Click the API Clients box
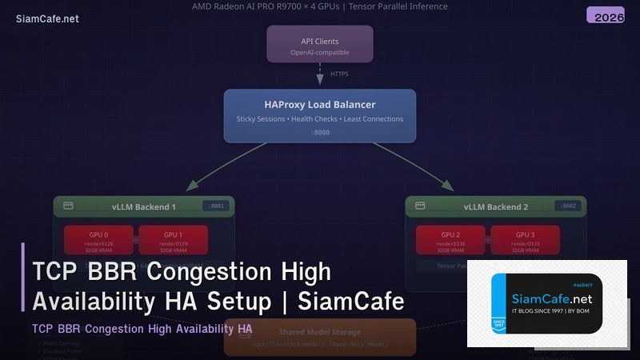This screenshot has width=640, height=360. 319,45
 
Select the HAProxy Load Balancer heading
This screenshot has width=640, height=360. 319,105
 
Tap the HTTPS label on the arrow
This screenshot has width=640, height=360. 339,74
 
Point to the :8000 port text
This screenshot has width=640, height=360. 319,133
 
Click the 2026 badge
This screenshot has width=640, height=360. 606,17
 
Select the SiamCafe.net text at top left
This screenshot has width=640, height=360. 47,19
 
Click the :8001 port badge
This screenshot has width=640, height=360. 216,206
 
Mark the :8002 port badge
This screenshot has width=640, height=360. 568,206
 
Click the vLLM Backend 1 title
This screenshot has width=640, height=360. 143,207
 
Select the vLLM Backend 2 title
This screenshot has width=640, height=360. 496,207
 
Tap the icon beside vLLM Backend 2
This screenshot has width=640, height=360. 421,206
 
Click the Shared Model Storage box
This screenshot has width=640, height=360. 319,337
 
